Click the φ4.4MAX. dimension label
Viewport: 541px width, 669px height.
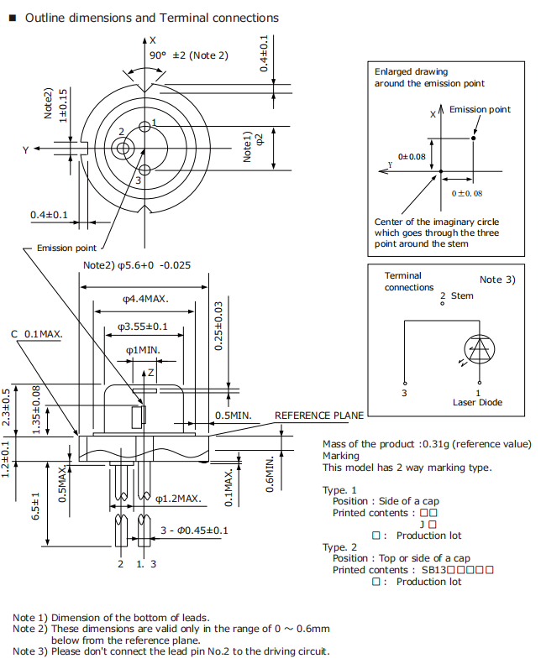[x=144, y=298]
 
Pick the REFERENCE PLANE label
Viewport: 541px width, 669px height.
[x=319, y=416]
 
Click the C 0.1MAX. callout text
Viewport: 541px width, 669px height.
[x=37, y=333]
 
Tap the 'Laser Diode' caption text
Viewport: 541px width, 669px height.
[x=477, y=402]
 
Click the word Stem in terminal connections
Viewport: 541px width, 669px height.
[x=462, y=295]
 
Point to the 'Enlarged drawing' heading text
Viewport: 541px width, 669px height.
[x=411, y=72]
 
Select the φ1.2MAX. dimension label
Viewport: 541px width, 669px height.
[x=178, y=499]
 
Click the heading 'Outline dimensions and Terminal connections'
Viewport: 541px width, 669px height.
[x=152, y=18]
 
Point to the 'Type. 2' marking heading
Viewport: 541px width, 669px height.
[x=339, y=546]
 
